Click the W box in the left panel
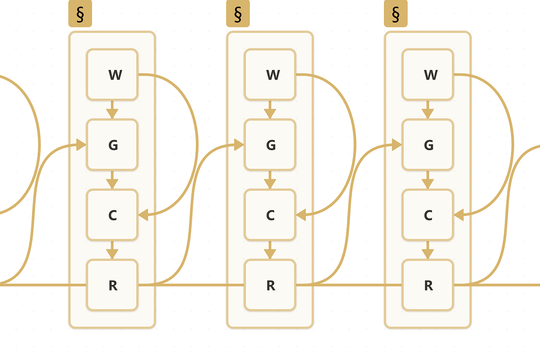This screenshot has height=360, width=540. (112, 75)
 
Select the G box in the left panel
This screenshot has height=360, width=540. (112, 145)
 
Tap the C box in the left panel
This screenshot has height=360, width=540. (112, 215)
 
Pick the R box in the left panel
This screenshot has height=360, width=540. (112, 285)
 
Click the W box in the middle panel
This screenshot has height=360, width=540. (270, 75)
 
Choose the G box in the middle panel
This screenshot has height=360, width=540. (270, 145)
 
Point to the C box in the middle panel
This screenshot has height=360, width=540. (270, 215)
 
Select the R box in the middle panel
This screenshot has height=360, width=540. (270, 285)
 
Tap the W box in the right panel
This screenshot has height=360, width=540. (428, 75)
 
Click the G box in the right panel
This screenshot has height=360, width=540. (428, 145)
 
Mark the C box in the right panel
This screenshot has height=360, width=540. (428, 215)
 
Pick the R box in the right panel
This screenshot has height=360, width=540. (428, 285)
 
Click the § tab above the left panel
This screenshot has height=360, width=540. (80, 14)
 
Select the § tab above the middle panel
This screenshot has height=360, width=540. (238, 14)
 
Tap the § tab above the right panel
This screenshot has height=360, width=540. (396, 14)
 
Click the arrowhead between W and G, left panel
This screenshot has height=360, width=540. (112, 114)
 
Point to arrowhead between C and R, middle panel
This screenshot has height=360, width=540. (270, 254)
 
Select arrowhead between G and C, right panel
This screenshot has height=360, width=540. (428, 184)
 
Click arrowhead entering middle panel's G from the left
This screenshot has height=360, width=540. (239, 145)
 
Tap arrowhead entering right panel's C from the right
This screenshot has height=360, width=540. (459, 215)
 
